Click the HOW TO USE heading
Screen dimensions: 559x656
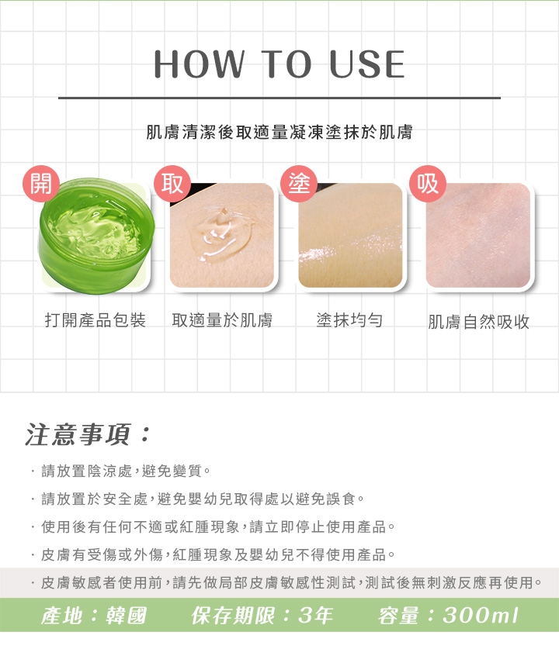(279, 64)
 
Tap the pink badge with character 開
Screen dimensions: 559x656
(41, 184)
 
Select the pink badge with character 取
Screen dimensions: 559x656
(172, 184)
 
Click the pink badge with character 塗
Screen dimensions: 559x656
(299, 184)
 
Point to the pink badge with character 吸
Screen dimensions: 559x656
(428, 184)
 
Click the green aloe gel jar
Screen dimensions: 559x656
(96, 235)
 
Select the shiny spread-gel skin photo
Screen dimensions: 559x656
(350, 235)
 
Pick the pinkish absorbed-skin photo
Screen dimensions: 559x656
(478, 235)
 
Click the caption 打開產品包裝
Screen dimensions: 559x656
(95, 320)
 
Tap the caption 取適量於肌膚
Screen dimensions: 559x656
(222, 320)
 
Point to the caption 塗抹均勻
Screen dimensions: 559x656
(349, 320)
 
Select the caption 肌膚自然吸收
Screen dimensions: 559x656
(478, 322)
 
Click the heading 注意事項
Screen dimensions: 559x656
(87, 435)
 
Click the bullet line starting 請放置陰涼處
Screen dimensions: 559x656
(122, 471)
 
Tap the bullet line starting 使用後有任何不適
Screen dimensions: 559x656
(214, 527)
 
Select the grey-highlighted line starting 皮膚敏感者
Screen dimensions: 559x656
(286, 582)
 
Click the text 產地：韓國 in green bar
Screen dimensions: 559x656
(94, 616)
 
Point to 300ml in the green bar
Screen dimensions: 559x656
(481, 616)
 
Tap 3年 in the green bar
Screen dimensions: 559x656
(315, 616)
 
